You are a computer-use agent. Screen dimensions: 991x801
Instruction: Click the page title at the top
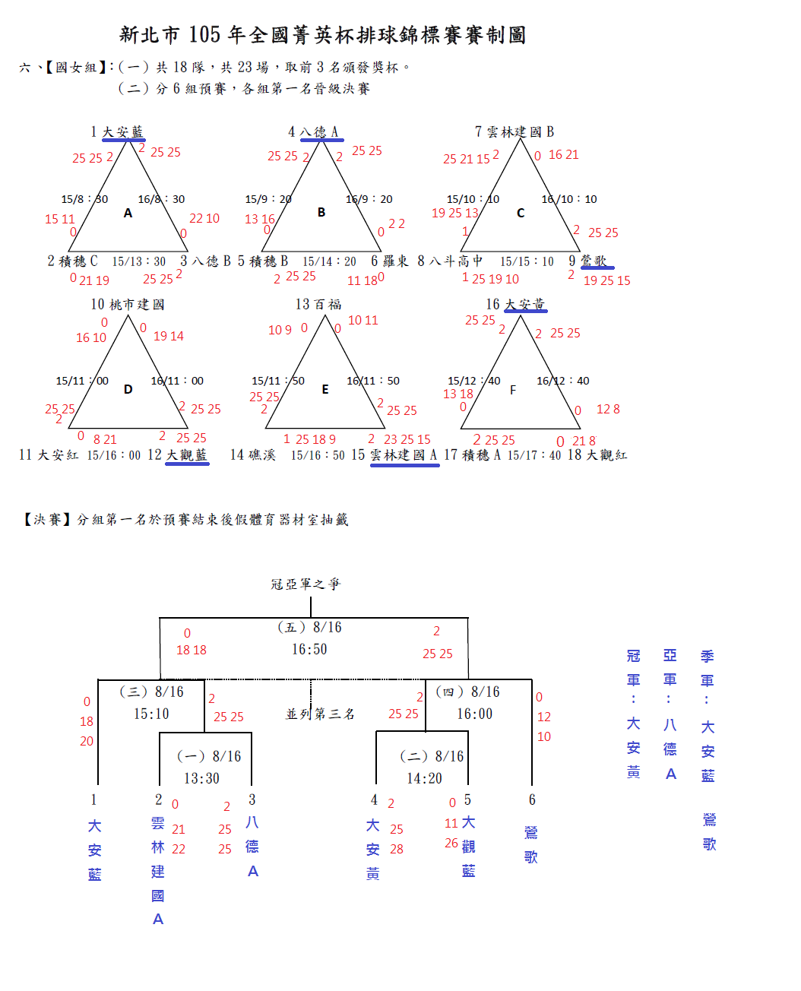(323, 35)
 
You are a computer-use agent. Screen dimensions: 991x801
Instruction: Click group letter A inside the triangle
(128, 214)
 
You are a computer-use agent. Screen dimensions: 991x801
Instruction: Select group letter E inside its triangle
(325, 390)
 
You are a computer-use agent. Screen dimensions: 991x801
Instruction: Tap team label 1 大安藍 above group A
(117, 132)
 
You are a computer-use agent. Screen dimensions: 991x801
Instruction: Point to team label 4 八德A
(313, 132)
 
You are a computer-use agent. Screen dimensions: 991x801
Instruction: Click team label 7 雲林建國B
(514, 132)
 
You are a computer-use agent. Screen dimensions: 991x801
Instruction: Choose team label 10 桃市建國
(128, 305)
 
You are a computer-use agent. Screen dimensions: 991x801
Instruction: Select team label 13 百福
(318, 305)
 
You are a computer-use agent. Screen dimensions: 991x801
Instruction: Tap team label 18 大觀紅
(597, 455)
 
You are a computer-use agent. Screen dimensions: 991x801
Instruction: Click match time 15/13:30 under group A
(139, 261)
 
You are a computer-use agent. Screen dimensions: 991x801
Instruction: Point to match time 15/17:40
(534, 455)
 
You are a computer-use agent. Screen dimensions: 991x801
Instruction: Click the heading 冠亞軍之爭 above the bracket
(306, 584)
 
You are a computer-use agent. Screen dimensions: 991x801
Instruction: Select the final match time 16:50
(309, 650)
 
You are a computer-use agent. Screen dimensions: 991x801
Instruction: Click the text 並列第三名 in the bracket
(320, 714)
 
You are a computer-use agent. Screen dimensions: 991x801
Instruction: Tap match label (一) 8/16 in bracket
(209, 756)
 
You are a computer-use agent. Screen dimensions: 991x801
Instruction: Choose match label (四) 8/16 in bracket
(468, 692)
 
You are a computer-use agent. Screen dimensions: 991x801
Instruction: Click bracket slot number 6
(532, 800)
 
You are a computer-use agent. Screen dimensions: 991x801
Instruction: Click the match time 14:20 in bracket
(424, 779)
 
